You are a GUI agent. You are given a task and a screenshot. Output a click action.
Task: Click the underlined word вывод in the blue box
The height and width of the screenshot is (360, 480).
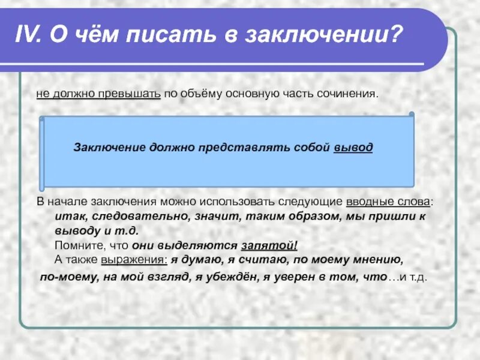click(353, 147)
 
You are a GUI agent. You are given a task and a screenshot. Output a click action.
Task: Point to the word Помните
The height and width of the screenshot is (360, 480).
click(73, 245)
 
